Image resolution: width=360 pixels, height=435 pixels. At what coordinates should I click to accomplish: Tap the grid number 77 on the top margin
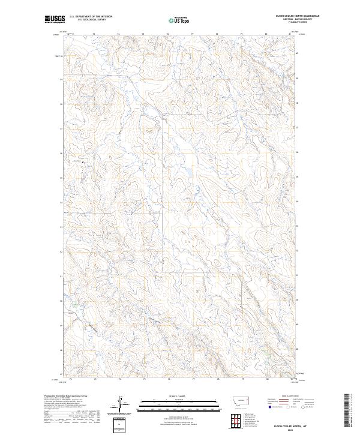tap(193, 34)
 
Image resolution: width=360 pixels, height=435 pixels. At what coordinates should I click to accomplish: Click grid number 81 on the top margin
tap(290, 34)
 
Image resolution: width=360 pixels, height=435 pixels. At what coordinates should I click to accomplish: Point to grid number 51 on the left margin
tap(62, 277)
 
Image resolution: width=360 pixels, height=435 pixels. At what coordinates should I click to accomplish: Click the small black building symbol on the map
tap(83, 161)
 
